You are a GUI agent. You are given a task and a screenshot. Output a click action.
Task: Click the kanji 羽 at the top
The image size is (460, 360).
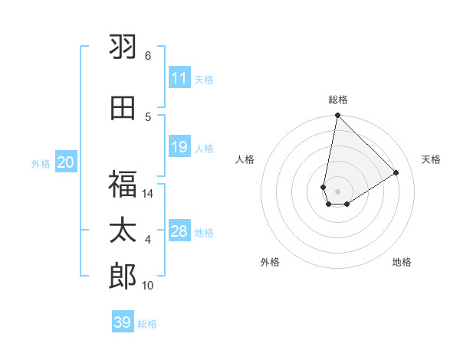coord(123,48)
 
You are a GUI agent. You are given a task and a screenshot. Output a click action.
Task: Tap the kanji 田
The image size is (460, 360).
coord(123,108)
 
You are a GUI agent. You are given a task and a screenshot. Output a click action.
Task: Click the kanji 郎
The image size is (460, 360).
coord(123,277)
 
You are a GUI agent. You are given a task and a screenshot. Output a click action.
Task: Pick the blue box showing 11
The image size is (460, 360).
coord(179,78)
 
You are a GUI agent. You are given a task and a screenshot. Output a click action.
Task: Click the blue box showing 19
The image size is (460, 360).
coord(179,147)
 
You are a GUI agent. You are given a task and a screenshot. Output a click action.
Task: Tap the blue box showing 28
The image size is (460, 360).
coord(179,231)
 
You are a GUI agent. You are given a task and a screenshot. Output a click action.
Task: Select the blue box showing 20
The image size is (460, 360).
coord(66,162)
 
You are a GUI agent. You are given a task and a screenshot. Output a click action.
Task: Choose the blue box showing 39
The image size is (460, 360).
coord(123,322)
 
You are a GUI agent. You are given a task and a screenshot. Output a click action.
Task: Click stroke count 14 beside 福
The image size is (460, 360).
coord(148,194)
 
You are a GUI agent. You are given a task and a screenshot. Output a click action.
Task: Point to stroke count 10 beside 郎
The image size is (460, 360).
coord(148,286)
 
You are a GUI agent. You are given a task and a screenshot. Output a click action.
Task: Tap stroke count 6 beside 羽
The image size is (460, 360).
coord(148,56)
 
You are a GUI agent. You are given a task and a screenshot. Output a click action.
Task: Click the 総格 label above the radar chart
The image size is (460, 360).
coord(338,100)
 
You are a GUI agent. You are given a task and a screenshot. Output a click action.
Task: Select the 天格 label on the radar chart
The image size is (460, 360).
coord(431,159)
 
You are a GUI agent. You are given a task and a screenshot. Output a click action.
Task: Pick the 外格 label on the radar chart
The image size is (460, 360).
coord(270,262)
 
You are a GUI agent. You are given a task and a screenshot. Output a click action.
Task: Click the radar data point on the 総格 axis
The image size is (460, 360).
coord(337,116)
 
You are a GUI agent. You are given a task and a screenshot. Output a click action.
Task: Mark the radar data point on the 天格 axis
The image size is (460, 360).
coord(396,172)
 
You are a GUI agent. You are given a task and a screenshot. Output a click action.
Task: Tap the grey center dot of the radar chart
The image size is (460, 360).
coord(337,191)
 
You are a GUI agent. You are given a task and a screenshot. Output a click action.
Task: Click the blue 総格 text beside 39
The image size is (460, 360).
coord(148,324)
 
